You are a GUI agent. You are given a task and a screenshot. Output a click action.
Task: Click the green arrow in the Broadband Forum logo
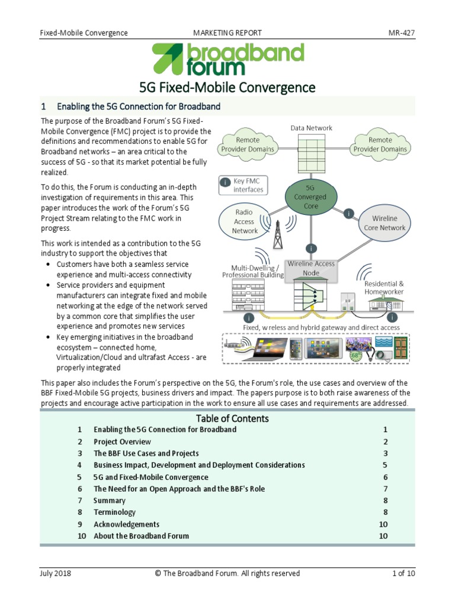click(x=167, y=58)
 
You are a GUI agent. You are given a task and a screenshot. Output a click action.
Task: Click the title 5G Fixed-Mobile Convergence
click(x=227, y=88)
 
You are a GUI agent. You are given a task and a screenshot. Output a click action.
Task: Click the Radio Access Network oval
click(x=245, y=221)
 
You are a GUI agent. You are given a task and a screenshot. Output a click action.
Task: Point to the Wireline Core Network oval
click(x=384, y=223)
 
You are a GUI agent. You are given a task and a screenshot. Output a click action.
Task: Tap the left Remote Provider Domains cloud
click(x=248, y=144)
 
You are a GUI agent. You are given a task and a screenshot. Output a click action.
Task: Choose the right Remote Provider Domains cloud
click(x=380, y=144)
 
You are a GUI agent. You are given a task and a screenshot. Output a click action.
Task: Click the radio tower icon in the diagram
click(x=278, y=234)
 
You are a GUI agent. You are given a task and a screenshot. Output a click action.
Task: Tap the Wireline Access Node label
click(x=311, y=268)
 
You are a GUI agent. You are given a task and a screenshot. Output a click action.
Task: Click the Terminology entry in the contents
click(x=114, y=512)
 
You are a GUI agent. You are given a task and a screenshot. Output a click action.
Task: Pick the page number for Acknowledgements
click(x=383, y=524)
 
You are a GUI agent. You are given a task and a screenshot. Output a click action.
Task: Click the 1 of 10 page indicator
click(x=403, y=573)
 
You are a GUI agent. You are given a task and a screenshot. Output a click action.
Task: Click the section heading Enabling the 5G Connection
click(x=139, y=107)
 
